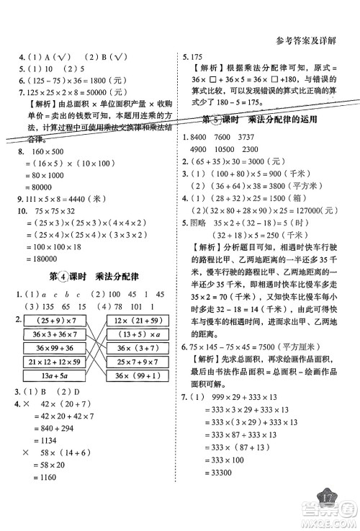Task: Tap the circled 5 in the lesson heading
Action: (233, 119)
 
